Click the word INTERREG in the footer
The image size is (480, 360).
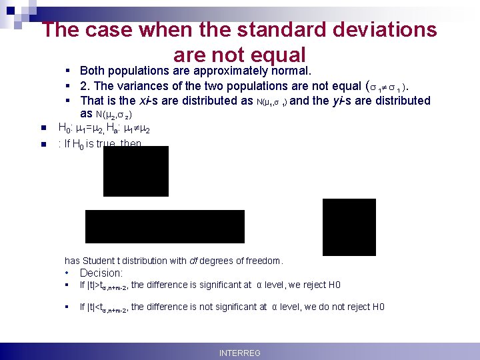[240, 353]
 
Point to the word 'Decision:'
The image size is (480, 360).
[101, 273]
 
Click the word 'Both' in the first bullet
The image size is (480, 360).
[91, 71]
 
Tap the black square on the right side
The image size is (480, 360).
[349, 227]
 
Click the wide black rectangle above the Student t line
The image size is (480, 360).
[165, 226]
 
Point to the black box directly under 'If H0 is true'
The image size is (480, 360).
[136, 171]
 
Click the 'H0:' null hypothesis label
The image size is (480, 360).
[66, 128]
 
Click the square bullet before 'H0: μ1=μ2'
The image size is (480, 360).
[42, 128]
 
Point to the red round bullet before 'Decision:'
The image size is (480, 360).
[68, 273]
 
